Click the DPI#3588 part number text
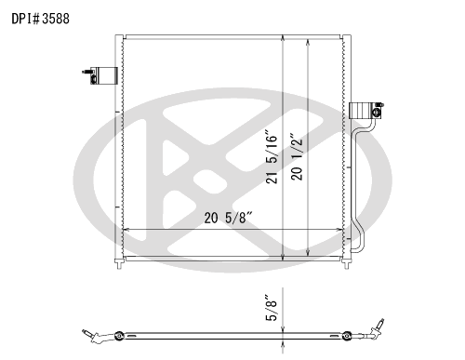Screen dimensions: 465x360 click(x=41, y=19)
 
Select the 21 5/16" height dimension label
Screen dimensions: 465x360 click(x=272, y=159)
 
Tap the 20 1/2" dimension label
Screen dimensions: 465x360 click(x=297, y=156)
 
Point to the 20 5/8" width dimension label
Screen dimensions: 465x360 click(x=229, y=218)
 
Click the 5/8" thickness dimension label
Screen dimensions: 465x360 click(x=272, y=308)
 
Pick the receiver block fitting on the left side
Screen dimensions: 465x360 click(x=100, y=75)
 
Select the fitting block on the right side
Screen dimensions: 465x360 click(x=366, y=111)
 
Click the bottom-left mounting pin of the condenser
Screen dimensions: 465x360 click(x=119, y=264)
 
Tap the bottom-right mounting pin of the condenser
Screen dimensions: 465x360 click(x=347, y=264)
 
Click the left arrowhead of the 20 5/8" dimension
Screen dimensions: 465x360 click(x=126, y=230)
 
